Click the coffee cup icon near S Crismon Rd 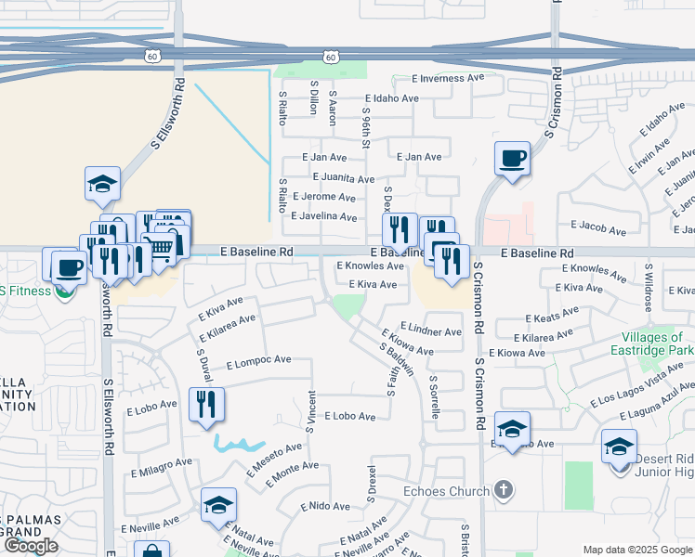click(x=512, y=159)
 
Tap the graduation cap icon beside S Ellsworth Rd click(x=103, y=184)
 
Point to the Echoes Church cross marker click(x=503, y=489)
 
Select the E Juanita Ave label click(x=344, y=178)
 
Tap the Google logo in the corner click(x=30, y=545)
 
